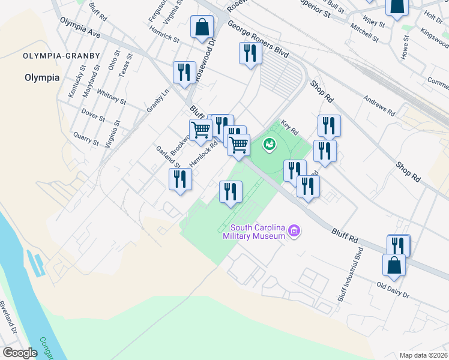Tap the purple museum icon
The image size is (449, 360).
pyautogui.click(x=294, y=230)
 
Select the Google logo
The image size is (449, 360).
pyautogui.click(x=19, y=353)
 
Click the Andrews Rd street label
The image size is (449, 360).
pyautogui.click(x=380, y=104)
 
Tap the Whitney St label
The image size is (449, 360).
pyautogui.click(x=110, y=97)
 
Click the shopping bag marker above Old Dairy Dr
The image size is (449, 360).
pyautogui.click(x=394, y=265)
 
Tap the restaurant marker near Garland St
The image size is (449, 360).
pyautogui.click(x=180, y=179)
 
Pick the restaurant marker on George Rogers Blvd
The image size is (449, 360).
pyautogui.click(x=250, y=54)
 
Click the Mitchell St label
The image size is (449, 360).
pyautogui.click(x=364, y=33)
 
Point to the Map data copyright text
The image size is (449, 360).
pyautogui.click(x=424, y=355)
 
